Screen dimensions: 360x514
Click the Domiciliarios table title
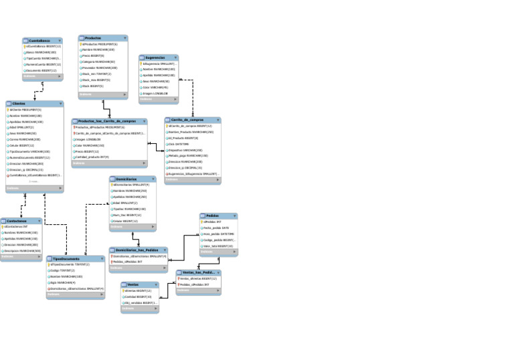(126, 179)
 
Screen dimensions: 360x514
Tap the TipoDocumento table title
(66, 258)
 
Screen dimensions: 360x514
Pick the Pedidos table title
(212, 216)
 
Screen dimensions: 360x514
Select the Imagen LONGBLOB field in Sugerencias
(155, 93)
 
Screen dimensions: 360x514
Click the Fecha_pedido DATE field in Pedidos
(216, 228)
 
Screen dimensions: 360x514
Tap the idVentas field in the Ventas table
(138, 291)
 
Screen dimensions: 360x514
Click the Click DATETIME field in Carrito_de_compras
(180, 144)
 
